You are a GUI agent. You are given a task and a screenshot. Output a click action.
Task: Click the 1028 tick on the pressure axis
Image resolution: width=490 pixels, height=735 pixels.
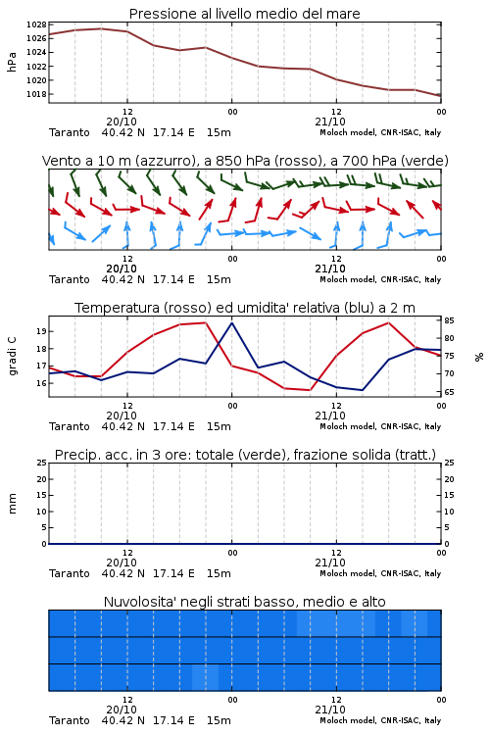click(x=36, y=24)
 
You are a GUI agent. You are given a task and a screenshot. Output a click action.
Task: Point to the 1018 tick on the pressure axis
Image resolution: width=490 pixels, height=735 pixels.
click(x=36, y=94)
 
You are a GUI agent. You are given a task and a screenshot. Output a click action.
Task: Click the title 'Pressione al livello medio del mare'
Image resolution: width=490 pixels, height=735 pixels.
click(x=245, y=14)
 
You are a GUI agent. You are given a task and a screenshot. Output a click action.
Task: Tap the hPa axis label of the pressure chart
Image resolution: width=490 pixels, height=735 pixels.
click(x=12, y=62)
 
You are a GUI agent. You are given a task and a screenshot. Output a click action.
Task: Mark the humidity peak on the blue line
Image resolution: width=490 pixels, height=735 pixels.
click(x=231, y=323)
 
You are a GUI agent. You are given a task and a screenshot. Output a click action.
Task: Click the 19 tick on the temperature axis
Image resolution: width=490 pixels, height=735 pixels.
click(x=41, y=331)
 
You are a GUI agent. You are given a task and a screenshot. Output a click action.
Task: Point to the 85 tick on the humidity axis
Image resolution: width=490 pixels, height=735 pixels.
click(x=449, y=320)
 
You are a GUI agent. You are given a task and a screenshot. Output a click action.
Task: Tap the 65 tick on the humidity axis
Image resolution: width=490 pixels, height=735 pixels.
click(x=449, y=392)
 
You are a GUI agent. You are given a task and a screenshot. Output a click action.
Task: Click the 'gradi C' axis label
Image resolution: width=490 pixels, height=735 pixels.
click(x=12, y=356)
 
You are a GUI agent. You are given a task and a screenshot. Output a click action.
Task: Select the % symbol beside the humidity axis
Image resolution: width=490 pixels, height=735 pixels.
click(x=479, y=357)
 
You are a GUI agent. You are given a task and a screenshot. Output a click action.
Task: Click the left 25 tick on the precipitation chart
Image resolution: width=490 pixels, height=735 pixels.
click(x=41, y=463)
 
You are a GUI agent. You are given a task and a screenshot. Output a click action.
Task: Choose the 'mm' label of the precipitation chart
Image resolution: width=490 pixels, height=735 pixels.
click(x=12, y=504)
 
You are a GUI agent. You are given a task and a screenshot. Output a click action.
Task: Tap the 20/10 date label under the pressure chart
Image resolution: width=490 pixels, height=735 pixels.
click(x=122, y=122)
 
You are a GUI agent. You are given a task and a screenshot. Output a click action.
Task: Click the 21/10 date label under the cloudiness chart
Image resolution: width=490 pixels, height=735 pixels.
click(x=330, y=710)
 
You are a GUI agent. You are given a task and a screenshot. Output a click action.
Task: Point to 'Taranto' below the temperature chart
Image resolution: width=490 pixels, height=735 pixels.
click(x=70, y=426)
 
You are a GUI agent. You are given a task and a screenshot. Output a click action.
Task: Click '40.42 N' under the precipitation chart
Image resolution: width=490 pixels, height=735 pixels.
click(x=123, y=573)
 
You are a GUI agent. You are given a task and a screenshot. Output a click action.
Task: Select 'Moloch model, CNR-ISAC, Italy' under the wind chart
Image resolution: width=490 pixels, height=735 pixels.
click(x=380, y=280)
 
